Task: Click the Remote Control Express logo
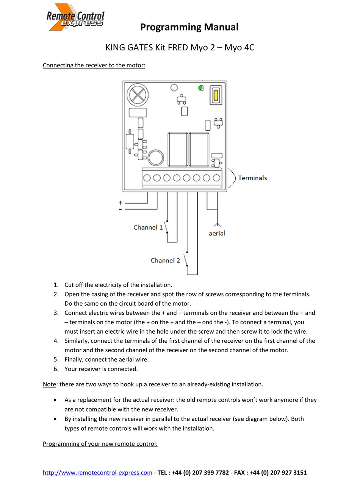tap(75, 17)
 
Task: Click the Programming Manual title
tap(189, 27)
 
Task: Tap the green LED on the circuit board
tap(200, 88)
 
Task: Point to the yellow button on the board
tap(216, 95)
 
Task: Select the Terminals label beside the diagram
tap(252, 178)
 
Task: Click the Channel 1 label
tap(148, 227)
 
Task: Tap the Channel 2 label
tap(165, 261)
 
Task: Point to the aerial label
tap(217, 234)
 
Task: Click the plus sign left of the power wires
tap(121, 203)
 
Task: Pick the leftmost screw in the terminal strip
tap(147, 178)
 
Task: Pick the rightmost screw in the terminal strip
tap(217, 178)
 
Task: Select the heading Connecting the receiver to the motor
tap(94, 65)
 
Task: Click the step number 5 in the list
tap(56, 360)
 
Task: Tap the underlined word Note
tap(49, 384)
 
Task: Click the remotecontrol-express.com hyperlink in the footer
tap(97, 473)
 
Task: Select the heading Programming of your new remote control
tap(100, 444)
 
